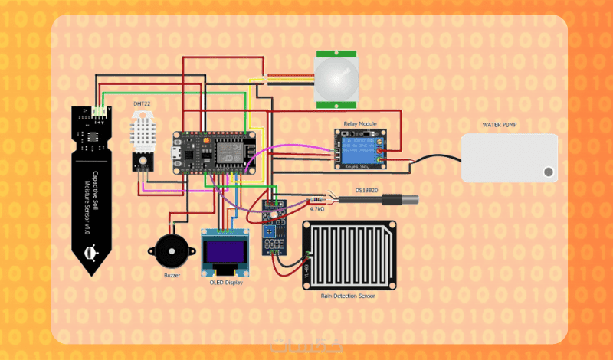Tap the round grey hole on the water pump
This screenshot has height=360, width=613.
(x=548, y=172)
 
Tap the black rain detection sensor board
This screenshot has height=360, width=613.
(x=350, y=254)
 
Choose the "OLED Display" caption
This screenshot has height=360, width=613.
(x=226, y=282)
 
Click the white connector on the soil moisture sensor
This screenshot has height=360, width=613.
(x=100, y=113)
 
